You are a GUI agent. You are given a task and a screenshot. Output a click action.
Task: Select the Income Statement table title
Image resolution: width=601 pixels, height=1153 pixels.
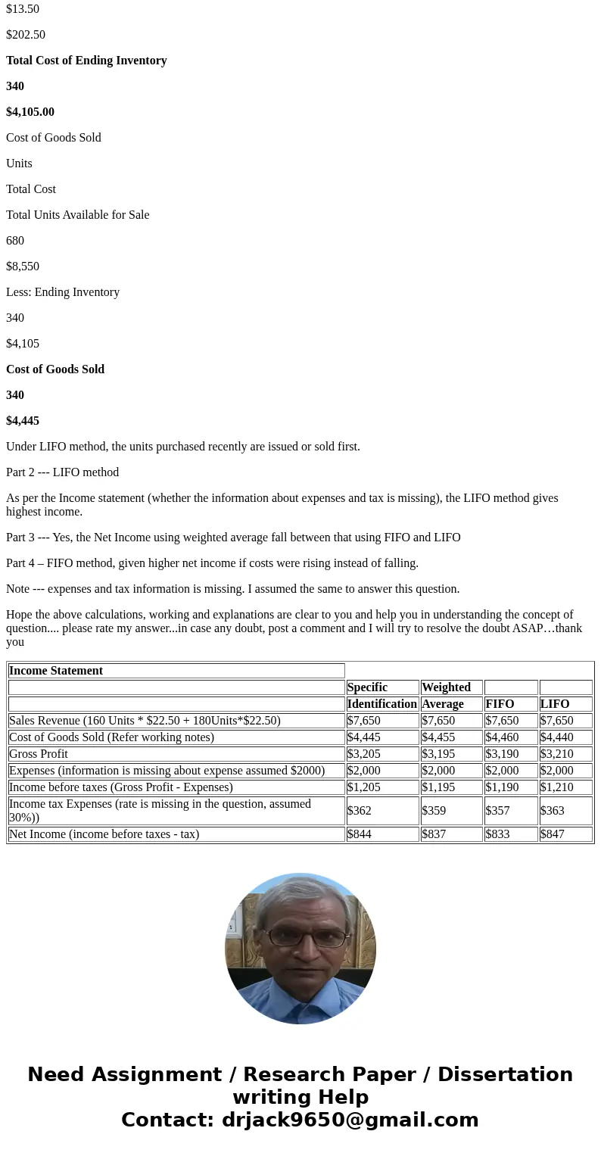pos(56,671)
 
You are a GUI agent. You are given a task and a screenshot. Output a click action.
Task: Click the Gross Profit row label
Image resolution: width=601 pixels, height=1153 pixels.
pos(39,754)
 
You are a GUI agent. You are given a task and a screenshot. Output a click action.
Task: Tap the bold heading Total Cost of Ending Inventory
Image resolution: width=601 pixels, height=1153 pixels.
pos(86,61)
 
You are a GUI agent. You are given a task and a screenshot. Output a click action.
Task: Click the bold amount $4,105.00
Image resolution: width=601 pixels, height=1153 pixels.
pos(30,112)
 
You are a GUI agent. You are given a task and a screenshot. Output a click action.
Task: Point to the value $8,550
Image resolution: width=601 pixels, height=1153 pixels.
pos(23,266)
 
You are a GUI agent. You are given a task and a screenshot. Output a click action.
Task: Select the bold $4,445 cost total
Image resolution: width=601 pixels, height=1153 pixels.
pos(23,421)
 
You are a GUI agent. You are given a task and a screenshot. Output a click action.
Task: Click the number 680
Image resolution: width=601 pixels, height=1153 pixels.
pos(15,241)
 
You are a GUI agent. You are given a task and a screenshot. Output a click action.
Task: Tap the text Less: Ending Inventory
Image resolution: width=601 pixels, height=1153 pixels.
pos(63,292)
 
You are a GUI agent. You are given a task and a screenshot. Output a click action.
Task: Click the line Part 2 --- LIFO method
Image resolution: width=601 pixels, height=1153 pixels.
pos(63,472)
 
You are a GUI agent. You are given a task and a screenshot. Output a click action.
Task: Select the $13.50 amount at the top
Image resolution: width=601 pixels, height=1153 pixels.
pos(23,9)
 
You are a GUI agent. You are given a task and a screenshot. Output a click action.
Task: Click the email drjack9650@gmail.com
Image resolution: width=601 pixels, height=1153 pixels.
pos(350,1120)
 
